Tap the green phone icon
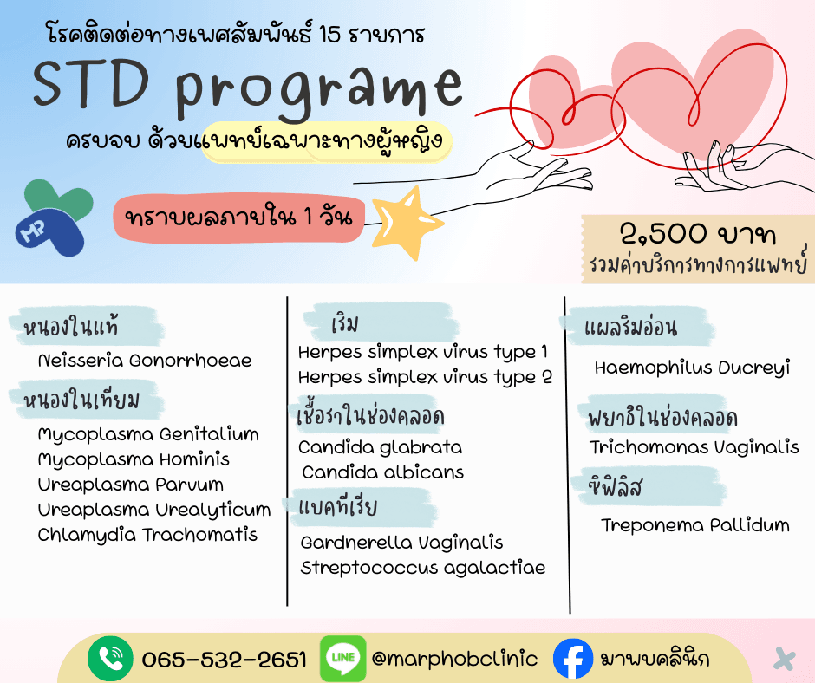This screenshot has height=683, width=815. point(110,659)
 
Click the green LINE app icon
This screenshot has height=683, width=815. point(342,659)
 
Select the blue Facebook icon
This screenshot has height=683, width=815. point(572,659)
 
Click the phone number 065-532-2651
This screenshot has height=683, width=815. point(224,660)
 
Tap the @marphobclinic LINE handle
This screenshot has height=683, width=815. point(454,659)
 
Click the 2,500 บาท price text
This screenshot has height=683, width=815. point(697,235)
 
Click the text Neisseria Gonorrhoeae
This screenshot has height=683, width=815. point(145,361)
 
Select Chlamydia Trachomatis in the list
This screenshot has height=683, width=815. point(147,535)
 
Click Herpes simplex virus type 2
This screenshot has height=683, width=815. point(425,378)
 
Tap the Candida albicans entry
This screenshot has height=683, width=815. point(382,472)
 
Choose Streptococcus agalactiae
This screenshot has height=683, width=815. point(423,569)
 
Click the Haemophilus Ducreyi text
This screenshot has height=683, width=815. point(692,368)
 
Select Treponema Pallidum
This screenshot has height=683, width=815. point(695,525)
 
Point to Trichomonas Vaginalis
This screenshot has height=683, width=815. point(694,447)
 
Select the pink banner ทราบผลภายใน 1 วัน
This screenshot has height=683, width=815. point(238,218)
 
